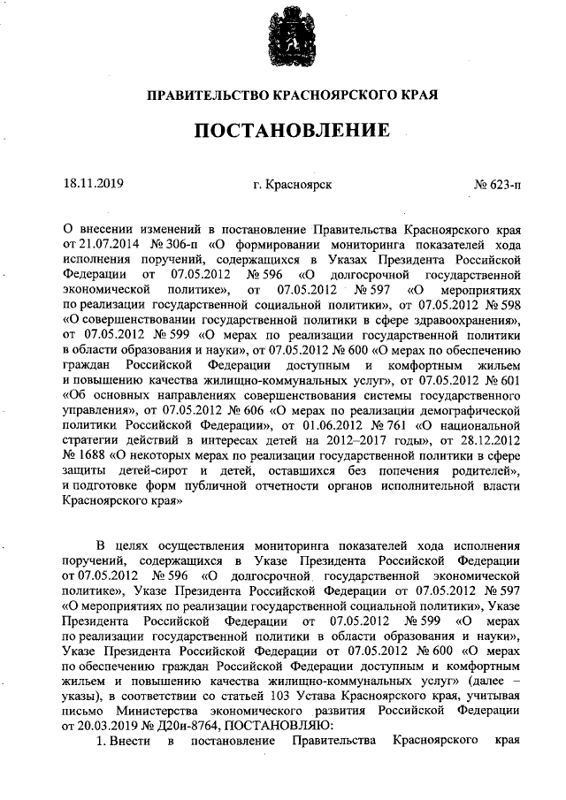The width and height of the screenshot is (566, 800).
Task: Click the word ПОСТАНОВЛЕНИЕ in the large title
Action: tap(292, 131)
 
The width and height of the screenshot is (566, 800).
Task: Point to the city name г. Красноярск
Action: tap(292, 186)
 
